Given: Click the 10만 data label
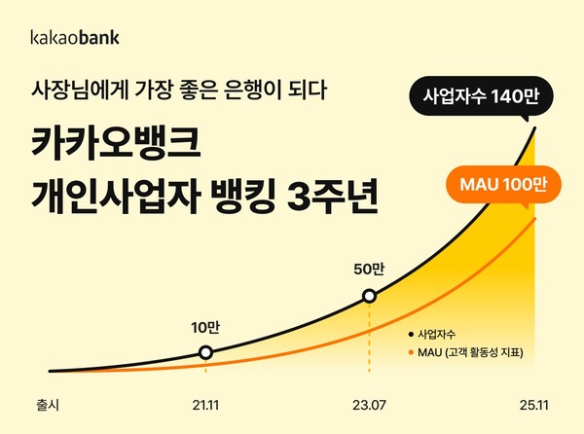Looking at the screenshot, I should click(204, 328).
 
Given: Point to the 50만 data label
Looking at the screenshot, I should click(369, 270).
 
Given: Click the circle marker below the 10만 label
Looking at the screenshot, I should click(205, 352).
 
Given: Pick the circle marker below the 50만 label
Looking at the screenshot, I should click(369, 296).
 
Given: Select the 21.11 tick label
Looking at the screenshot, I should click(205, 401).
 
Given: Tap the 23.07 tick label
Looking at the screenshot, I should click(369, 401).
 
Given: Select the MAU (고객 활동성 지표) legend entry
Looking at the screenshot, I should click(469, 353).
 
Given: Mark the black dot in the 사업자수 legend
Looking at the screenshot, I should click(412, 334).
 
